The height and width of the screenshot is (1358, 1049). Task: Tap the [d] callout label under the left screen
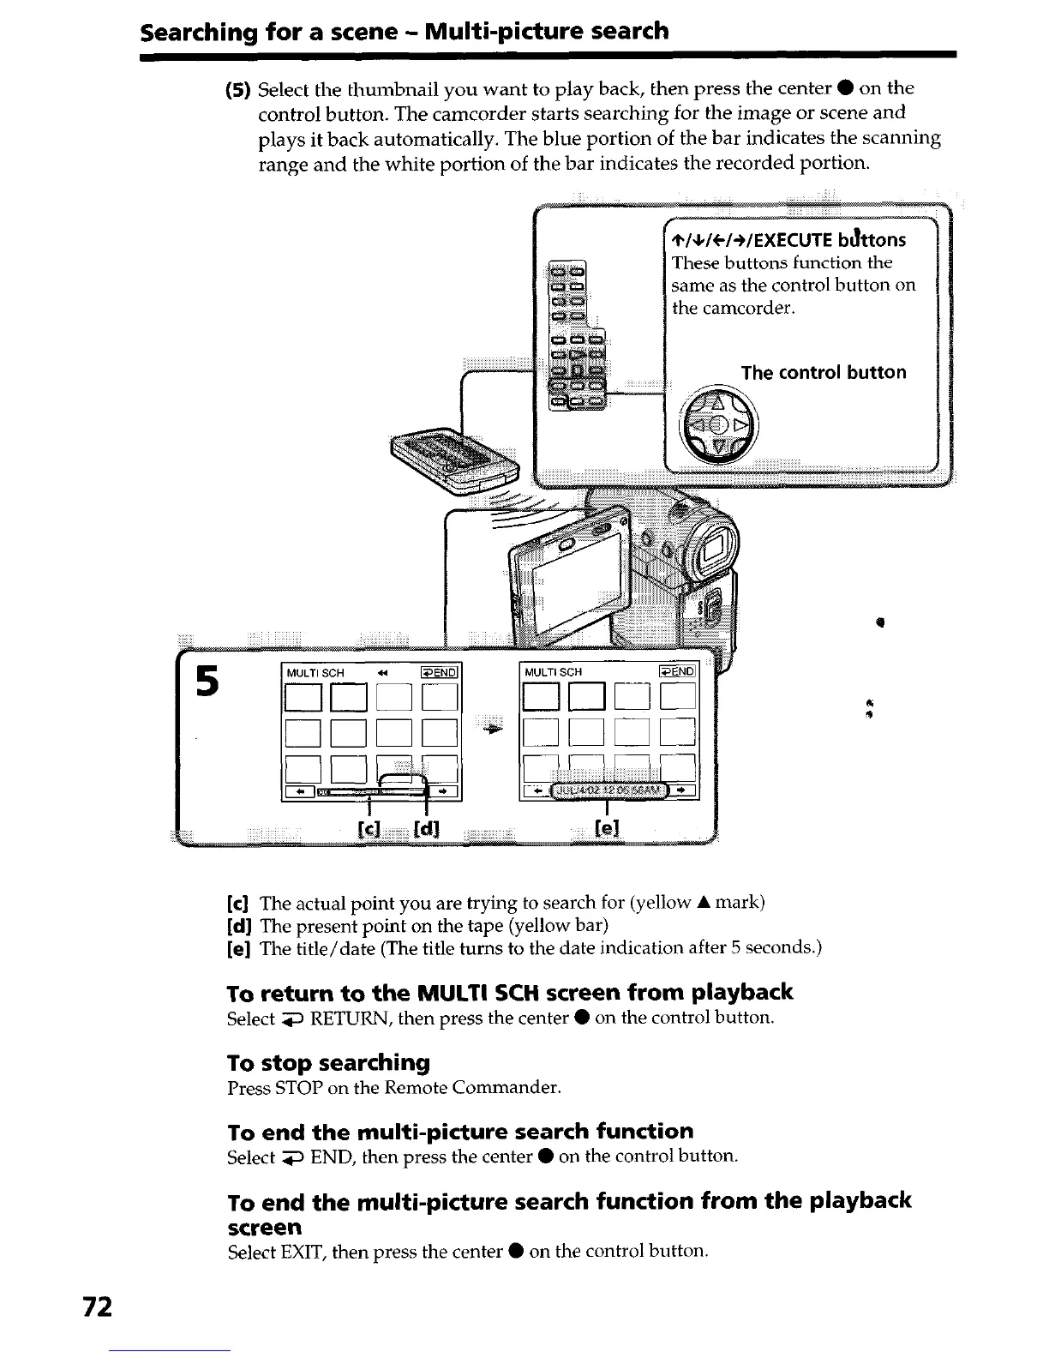pos(426,830)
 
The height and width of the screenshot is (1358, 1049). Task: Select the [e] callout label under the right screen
pos(606,828)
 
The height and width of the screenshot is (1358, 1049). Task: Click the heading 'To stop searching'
pos(328,1063)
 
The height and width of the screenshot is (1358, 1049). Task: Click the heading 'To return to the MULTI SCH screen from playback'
pos(509,993)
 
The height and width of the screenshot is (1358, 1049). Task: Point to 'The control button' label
pos(823,372)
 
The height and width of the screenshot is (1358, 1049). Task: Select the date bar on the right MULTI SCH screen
pos(608,790)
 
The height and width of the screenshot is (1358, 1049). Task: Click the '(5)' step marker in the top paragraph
pos(237,89)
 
